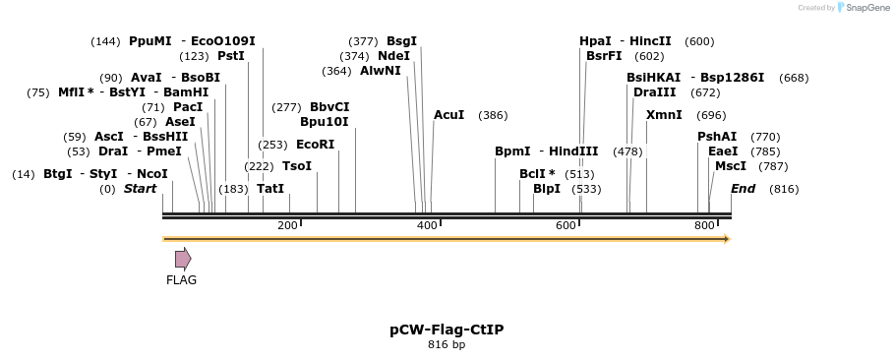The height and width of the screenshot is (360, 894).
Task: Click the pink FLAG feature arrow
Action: point(183,259)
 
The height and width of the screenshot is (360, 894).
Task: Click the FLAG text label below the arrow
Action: point(181,280)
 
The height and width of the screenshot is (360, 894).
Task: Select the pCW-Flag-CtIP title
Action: point(447,330)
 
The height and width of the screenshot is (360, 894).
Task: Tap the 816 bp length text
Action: point(447,345)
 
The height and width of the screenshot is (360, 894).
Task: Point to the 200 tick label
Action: point(287,226)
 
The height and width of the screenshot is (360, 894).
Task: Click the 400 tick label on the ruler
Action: point(427,226)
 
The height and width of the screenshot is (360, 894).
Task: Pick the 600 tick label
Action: point(566,226)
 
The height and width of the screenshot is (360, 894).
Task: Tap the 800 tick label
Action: point(705,226)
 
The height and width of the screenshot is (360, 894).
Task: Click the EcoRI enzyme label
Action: point(315,145)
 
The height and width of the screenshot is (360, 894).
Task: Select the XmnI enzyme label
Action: point(664,115)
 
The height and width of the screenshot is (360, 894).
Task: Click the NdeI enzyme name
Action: point(393,56)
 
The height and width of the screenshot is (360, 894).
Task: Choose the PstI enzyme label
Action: point(231,56)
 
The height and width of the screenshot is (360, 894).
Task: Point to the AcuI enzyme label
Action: point(449,115)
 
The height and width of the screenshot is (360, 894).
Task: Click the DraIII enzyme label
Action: point(655,92)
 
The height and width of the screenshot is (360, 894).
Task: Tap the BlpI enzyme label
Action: point(547,188)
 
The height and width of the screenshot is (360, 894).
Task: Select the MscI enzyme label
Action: point(731,166)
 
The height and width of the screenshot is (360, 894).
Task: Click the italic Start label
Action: point(140,188)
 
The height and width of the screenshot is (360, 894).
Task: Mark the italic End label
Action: point(743,188)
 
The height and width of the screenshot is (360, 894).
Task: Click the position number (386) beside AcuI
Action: point(493,115)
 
